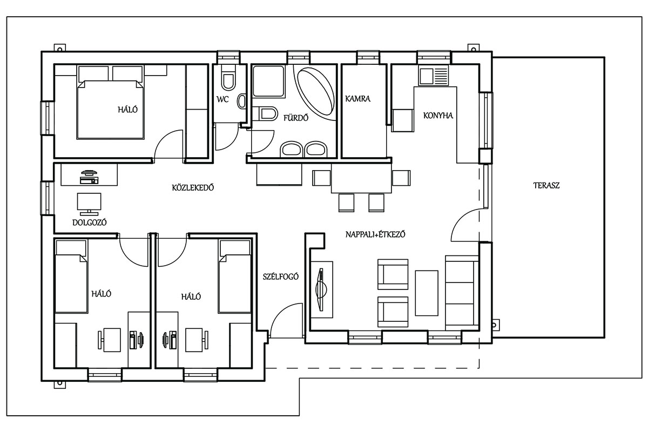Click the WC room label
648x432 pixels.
pos(222,99)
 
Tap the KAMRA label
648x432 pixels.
pos(357,99)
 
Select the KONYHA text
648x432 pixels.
pos(438,116)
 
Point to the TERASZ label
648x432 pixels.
pos(546,185)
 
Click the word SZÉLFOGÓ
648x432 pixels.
pos(280,276)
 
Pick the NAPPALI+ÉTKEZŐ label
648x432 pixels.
pos(375,234)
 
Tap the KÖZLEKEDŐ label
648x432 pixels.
pos(193,187)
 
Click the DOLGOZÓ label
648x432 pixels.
pos(90,222)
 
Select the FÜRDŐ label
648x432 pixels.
pos(296,118)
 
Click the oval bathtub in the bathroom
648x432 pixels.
pos(316,91)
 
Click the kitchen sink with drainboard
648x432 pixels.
pos(434,76)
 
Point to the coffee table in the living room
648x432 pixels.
pos(427,293)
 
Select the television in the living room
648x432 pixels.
pos(321,289)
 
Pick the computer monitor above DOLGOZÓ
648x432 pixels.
pos(89,204)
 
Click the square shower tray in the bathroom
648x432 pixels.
pos(268,82)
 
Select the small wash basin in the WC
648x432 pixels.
pos(241,102)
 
